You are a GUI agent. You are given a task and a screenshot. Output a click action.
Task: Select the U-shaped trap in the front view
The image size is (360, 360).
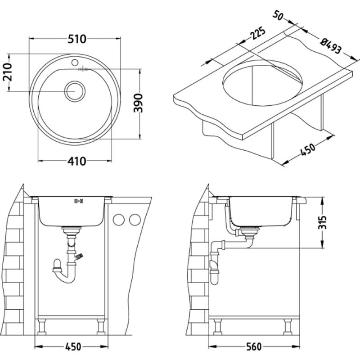65,272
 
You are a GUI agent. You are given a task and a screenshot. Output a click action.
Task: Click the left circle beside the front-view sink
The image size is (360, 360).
119,220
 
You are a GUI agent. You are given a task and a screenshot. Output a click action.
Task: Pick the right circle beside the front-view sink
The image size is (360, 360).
134,220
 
